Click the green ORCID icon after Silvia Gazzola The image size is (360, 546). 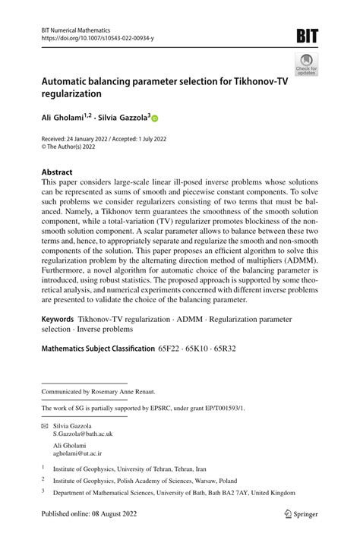click(156, 119)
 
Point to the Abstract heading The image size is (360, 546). click(58, 172)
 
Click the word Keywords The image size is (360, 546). click(61, 320)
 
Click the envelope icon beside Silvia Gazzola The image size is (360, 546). click(45, 426)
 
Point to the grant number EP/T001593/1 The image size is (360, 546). click(220, 408)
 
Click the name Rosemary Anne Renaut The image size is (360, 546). click(119, 392)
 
